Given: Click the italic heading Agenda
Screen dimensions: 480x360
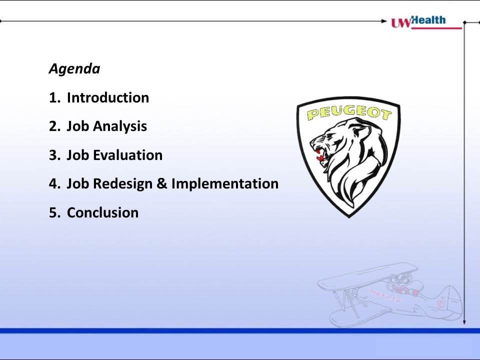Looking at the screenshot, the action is click(74, 69).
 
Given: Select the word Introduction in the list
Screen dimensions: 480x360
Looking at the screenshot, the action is click(108, 98).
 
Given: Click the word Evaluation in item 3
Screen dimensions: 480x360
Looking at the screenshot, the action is click(127, 155).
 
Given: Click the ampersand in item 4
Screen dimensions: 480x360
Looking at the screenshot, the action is click(161, 183).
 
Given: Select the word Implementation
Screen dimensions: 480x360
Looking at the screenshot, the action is click(225, 183).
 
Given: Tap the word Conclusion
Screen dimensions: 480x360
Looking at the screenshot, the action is click(103, 213).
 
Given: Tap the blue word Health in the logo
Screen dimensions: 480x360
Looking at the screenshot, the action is click(428, 20).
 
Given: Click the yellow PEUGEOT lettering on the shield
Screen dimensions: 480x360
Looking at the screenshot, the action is click(349, 112).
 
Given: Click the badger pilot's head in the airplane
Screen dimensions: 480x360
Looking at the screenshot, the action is click(398, 280).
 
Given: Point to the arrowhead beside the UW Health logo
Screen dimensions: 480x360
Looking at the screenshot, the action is click(384, 21).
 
